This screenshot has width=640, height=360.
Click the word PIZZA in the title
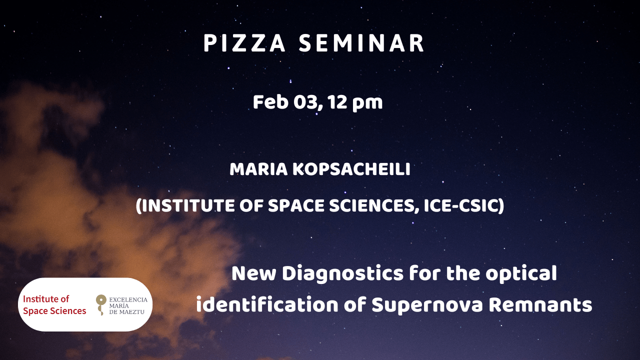[x=244, y=43]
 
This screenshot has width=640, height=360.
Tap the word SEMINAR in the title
[x=361, y=43]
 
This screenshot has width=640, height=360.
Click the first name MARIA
[x=258, y=169]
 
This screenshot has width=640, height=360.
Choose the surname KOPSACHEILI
[x=351, y=169]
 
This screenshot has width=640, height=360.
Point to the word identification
[x=267, y=305]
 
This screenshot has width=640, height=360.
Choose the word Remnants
[x=540, y=305]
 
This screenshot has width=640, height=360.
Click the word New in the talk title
[x=253, y=273]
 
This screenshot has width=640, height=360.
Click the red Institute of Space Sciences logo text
[x=54, y=305]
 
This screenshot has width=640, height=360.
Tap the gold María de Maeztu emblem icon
[x=101, y=305]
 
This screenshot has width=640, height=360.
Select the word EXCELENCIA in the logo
[x=128, y=299]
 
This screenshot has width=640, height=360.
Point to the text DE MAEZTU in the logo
[x=126, y=312]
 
